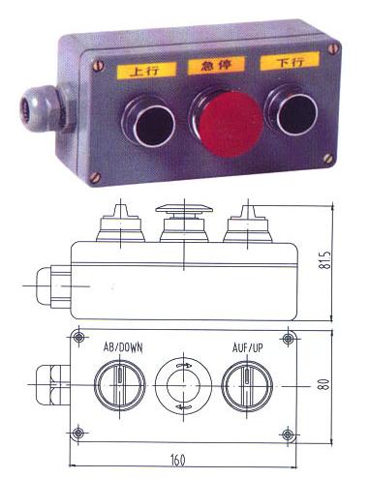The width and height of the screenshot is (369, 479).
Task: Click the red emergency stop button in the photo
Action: click(231, 124)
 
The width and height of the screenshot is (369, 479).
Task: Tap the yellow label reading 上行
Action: click(146, 71)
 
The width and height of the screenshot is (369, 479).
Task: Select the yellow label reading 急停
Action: click(217, 66)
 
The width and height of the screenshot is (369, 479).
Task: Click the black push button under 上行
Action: click(149, 122)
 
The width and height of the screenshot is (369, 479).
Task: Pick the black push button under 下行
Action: click(292, 110)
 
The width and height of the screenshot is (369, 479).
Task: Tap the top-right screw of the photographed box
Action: click(333, 49)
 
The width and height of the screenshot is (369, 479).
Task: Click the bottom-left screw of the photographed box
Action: click(95, 177)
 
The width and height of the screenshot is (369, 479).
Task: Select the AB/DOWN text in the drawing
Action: click(123, 347)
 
